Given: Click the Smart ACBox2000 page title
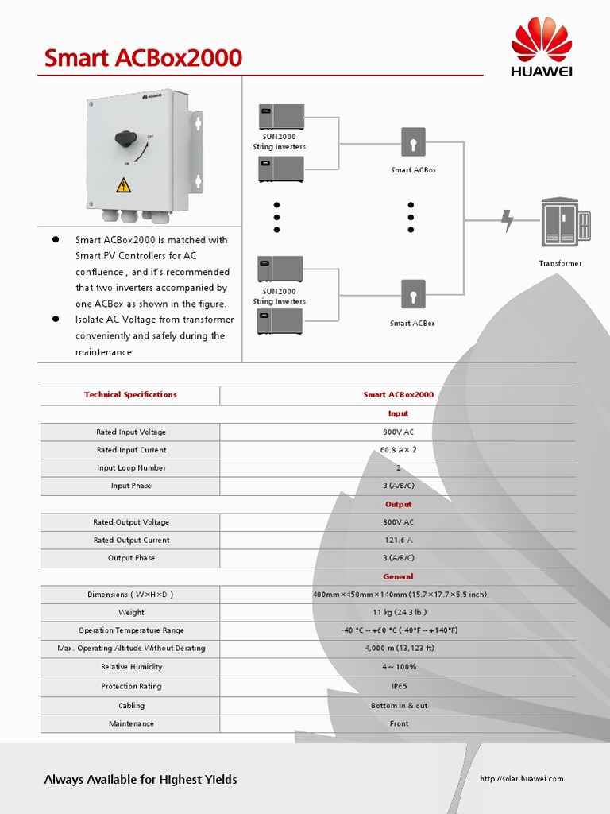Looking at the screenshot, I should point(143,58).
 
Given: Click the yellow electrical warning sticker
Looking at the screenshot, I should point(123,185).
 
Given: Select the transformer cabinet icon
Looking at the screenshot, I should point(566,222).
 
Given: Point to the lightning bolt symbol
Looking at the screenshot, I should point(508,220).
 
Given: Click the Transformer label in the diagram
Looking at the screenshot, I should point(560,263).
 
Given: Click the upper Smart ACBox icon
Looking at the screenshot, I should point(413,142).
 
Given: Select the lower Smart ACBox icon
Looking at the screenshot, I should point(413,295).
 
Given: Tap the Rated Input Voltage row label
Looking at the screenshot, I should point(131,432).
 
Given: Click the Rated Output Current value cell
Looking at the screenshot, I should point(398,541).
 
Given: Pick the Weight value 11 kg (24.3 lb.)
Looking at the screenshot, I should point(399,613).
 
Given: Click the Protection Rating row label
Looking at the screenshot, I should point(131,686).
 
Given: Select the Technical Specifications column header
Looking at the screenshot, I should point(130,395).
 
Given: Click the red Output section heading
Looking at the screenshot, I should point(398,504).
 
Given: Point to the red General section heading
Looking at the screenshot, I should point(398,576).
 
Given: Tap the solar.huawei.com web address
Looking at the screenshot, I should point(521,778).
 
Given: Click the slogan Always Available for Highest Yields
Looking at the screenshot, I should point(141,779).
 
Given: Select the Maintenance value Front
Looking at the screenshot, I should point(399,723).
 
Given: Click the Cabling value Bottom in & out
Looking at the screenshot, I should point(399,705).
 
